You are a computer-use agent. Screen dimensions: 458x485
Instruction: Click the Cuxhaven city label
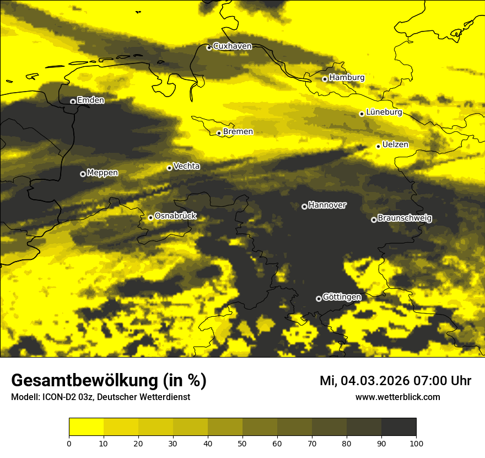coord(232,46)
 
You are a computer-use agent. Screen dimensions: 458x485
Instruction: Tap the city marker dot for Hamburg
coord(325,79)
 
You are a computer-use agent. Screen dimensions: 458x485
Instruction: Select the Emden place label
coord(90,100)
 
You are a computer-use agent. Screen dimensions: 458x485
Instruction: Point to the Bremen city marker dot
coord(219,133)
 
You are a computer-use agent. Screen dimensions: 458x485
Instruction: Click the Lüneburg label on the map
coord(384,113)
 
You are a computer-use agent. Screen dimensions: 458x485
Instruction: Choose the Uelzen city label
coord(395,145)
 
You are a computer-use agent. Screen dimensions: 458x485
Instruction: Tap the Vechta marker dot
coord(169,168)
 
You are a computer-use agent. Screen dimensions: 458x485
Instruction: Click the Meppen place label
coord(103,173)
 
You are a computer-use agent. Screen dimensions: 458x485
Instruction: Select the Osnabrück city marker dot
coord(150,217)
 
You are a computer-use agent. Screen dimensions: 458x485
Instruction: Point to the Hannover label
coord(327,205)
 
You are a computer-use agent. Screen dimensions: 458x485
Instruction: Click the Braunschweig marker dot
coord(374,220)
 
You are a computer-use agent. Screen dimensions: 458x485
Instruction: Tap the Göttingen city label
coord(342,297)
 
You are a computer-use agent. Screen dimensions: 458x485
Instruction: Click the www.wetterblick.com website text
coord(398,397)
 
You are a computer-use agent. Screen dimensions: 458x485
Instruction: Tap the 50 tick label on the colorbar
coord(242,443)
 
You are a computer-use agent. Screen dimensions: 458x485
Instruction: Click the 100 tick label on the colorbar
coord(416,443)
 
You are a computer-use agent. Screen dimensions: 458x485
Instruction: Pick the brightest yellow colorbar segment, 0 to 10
coord(87,427)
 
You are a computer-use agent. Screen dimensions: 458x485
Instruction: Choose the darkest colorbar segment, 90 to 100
coord(398,427)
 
